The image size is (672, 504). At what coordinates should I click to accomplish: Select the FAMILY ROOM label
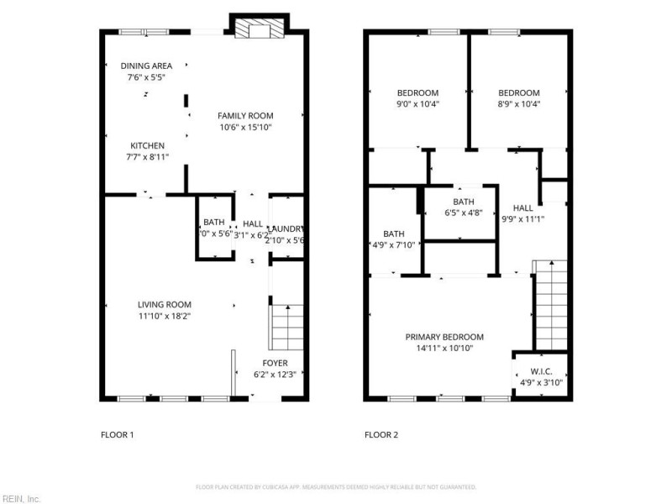tap(245, 116)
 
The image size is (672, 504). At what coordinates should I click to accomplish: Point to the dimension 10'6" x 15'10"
tap(245, 128)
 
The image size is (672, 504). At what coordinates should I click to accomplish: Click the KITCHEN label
tap(145, 145)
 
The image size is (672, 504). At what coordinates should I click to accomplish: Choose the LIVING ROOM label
tap(165, 304)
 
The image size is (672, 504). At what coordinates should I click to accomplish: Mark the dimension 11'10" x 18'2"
tap(165, 316)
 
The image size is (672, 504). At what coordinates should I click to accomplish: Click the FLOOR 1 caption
tap(117, 435)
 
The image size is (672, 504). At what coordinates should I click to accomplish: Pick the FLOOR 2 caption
tap(381, 435)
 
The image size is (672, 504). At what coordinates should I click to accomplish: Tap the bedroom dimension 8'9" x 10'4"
tap(518, 104)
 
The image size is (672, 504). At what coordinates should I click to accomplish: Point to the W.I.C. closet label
tap(540, 371)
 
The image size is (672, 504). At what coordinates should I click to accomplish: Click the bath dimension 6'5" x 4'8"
tap(463, 213)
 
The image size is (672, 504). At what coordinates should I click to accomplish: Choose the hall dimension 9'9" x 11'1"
tap(522, 219)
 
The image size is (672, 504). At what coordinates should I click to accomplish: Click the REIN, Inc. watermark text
tap(21, 498)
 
